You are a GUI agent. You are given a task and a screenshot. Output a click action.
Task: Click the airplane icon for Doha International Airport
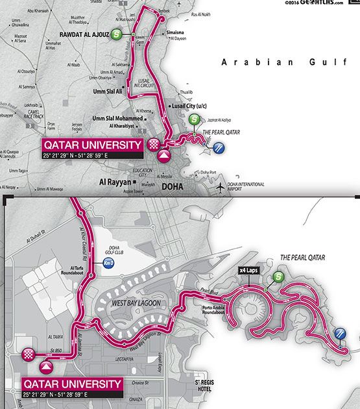(x=222, y=187)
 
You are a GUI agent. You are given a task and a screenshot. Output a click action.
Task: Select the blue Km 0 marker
(x=109, y=263)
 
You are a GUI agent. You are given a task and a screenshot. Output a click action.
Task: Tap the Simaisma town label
(x=176, y=31)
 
